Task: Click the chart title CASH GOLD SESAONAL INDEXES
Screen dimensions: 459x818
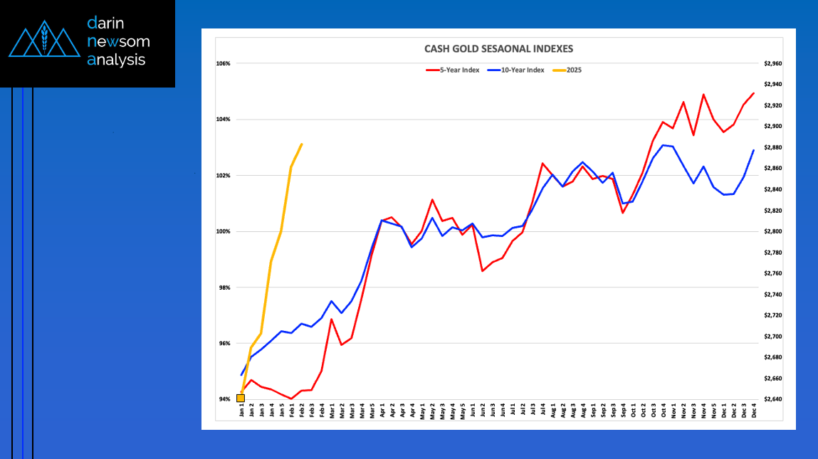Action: (x=498, y=49)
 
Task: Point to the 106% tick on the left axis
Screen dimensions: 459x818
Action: (x=223, y=63)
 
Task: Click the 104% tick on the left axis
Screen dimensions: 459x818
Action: (x=223, y=120)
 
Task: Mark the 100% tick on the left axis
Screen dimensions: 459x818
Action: (x=223, y=231)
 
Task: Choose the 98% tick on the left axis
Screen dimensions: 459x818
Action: (x=223, y=287)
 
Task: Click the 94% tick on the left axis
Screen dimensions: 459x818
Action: (x=223, y=399)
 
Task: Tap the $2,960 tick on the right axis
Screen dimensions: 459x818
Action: (x=772, y=63)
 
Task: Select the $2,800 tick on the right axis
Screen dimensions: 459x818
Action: (x=772, y=231)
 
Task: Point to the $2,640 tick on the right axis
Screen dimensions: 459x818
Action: (x=772, y=399)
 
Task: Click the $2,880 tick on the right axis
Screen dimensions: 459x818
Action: (x=772, y=147)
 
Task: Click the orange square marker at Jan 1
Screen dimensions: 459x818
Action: (x=241, y=398)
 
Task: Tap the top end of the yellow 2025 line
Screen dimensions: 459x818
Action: (x=302, y=144)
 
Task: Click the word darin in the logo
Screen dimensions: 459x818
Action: (x=107, y=23)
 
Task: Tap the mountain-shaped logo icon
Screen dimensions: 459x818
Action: (x=45, y=42)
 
